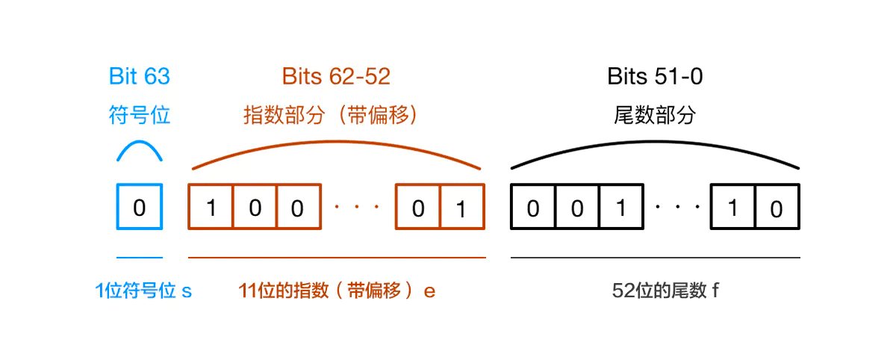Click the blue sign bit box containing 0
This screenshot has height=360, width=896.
coord(140,206)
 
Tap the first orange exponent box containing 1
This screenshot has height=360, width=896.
coord(211,206)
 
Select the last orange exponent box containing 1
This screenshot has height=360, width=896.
coord(462,206)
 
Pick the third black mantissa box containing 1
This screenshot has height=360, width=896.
coord(621,206)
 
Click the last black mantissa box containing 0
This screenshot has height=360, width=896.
coord(777,206)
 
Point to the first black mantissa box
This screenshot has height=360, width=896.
coord(533,206)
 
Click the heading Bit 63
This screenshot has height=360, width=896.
coord(140,76)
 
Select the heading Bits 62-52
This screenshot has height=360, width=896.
coord(336,76)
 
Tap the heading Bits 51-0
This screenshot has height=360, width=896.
coord(655,76)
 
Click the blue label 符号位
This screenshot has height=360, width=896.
coord(140,115)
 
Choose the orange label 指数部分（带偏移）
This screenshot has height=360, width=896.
coord(330,115)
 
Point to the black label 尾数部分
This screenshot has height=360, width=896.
coord(655,115)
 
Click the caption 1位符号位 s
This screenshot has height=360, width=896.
coord(143,291)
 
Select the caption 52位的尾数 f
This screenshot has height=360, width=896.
coord(665,291)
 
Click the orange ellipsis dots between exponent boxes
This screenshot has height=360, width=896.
coord(357,207)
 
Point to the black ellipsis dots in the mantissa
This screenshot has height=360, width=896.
coord(678,207)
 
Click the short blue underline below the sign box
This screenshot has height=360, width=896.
coord(140,258)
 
